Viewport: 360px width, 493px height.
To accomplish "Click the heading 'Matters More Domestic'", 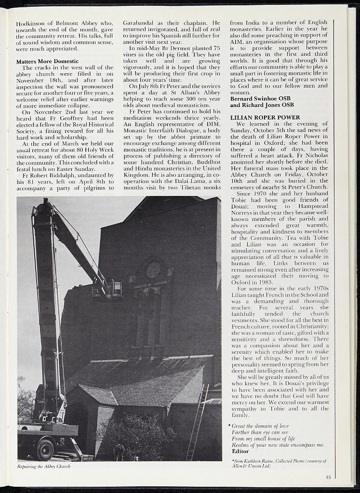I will pyautogui.click(x=47, y=61).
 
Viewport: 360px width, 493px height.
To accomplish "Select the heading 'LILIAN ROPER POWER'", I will pyautogui.click(x=265, y=117).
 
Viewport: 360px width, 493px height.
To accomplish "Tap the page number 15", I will pyautogui.click(x=328, y=477).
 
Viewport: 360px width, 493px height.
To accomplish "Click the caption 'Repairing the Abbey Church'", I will pyautogui.click(x=44, y=466).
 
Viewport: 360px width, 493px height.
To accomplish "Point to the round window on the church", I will pyautogui.click(x=153, y=270).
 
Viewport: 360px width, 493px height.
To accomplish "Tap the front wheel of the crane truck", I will pyautogui.click(x=45, y=449).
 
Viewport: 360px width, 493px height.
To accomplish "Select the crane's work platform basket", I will pyautogui.click(x=115, y=288).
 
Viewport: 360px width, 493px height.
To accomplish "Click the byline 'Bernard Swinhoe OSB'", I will pyautogui.click(x=260, y=99).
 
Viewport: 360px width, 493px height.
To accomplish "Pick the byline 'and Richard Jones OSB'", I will pyautogui.click(x=262, y=105).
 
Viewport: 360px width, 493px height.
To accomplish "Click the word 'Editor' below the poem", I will pyautogui.click(x=240, y=451).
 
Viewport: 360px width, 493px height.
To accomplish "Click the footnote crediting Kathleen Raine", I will pyautogui.click(x=279, y=463).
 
